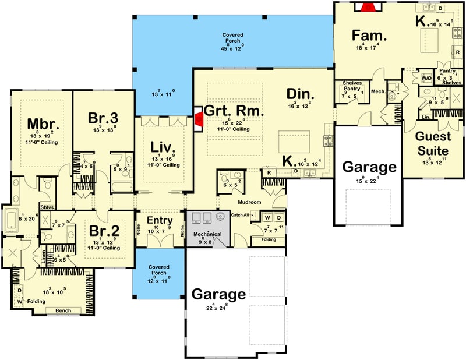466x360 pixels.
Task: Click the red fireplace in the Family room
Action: [368, 7]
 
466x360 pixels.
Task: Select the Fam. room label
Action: [366, 36]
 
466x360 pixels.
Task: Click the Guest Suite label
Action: [433, 143]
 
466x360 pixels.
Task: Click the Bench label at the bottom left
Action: [63, 310]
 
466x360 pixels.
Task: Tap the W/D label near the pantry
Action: [426, 77]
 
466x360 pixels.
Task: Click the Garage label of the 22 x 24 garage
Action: [219, 294]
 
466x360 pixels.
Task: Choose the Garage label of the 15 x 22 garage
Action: [369, 167]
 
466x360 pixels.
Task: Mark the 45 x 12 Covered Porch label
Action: [232, 39]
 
